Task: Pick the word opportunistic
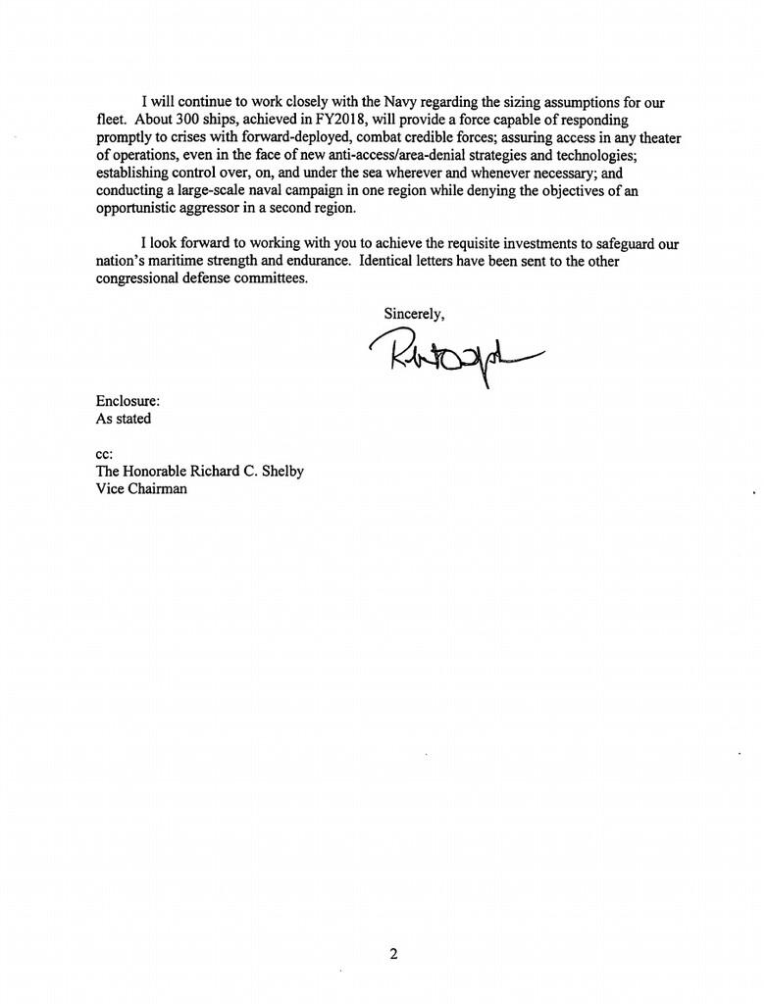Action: click(139, 208)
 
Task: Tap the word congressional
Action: click(138, 278)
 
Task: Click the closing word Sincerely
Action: click(414, 314)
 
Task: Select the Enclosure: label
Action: click(128, 401)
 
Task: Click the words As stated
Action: click(124, 419)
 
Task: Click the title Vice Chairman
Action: click(141, 489)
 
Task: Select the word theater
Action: click(655, 137)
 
